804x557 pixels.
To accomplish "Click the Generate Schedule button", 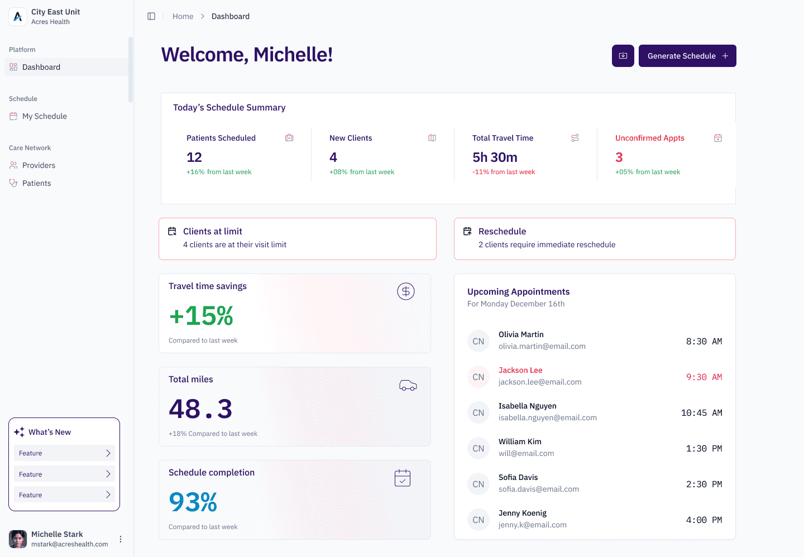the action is coord(687,56).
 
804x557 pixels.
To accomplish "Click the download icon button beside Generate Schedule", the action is coord(623,56).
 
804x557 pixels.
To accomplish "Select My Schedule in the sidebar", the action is coord(45,116).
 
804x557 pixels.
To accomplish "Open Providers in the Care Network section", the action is coord(39,165).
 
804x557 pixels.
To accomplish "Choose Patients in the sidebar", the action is coord(37,183).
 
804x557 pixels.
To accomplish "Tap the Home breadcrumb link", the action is coord(183,16).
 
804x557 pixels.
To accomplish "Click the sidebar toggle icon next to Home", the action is coord(151,16).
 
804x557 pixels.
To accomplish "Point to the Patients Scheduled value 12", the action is coord(194,157).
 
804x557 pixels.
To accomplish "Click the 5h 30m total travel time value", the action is coord(495,157).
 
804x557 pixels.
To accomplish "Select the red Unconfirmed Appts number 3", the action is coord(619,157).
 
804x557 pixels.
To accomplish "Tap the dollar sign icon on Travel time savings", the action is coord(405,291).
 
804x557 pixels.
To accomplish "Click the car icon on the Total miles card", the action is coord(408,385).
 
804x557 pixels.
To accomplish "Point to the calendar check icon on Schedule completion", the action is coord(403,478).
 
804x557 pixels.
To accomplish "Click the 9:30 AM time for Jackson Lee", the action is coord(704,377).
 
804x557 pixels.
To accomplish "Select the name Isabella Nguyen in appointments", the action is coord(527,406).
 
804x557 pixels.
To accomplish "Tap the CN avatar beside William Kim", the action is coord(478,448).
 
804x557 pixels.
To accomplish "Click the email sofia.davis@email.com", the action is coord(538,489).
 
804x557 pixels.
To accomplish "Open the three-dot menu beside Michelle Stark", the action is coord(121,539).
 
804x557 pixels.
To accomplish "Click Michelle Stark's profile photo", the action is coord(18,539).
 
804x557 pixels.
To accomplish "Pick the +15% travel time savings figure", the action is coord(202,316).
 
